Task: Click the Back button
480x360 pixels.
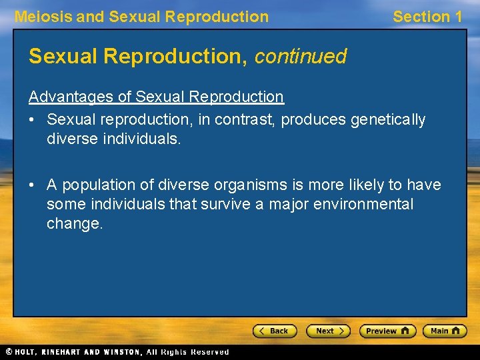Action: coord(275,331)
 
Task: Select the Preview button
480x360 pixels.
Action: coord(387,331)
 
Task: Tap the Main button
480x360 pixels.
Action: coord(447,331)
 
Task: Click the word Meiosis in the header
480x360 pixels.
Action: coord(43,17)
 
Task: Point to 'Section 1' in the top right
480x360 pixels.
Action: coord(427,17)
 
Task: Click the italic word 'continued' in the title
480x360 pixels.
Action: coord(300,57)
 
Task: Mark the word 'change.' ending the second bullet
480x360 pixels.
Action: coord(75,223)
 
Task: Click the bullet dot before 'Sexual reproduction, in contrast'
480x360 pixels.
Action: coord(33,120)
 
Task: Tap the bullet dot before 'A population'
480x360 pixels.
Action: coord(33,185)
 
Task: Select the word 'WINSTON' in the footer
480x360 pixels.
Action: coord(122,352)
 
